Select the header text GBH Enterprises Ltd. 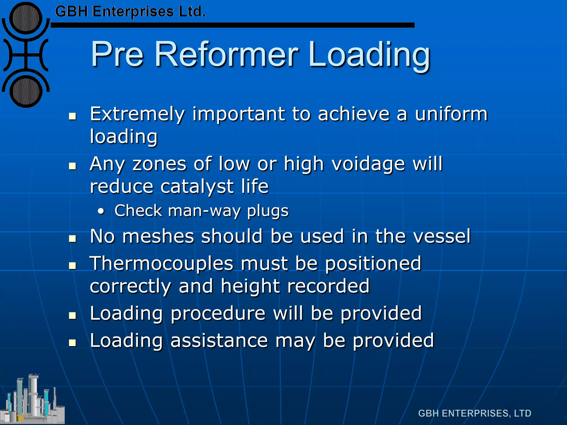tap(130, 12)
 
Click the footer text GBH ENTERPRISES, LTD tap(475, 413)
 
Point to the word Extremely tap(137, 114)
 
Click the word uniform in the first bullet tap(451, 114)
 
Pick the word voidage tap(368, 164)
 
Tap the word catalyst tap(197, 186)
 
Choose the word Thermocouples tap(162, 263)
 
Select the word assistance tap(219, 341)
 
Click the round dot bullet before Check tap(101, 212)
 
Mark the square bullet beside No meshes tap(73, 238)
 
